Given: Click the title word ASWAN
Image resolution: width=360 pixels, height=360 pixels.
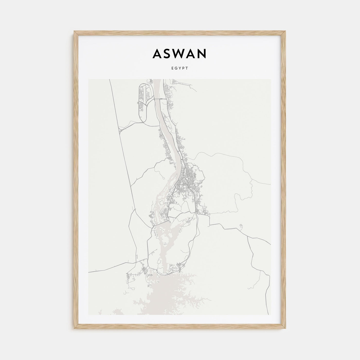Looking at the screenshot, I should (179, 53).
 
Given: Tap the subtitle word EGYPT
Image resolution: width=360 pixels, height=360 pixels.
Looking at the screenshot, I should (180, 68).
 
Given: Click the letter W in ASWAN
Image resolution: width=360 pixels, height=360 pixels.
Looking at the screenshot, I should (181, 53).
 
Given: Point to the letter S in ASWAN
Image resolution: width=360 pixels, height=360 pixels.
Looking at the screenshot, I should (167, 53).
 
